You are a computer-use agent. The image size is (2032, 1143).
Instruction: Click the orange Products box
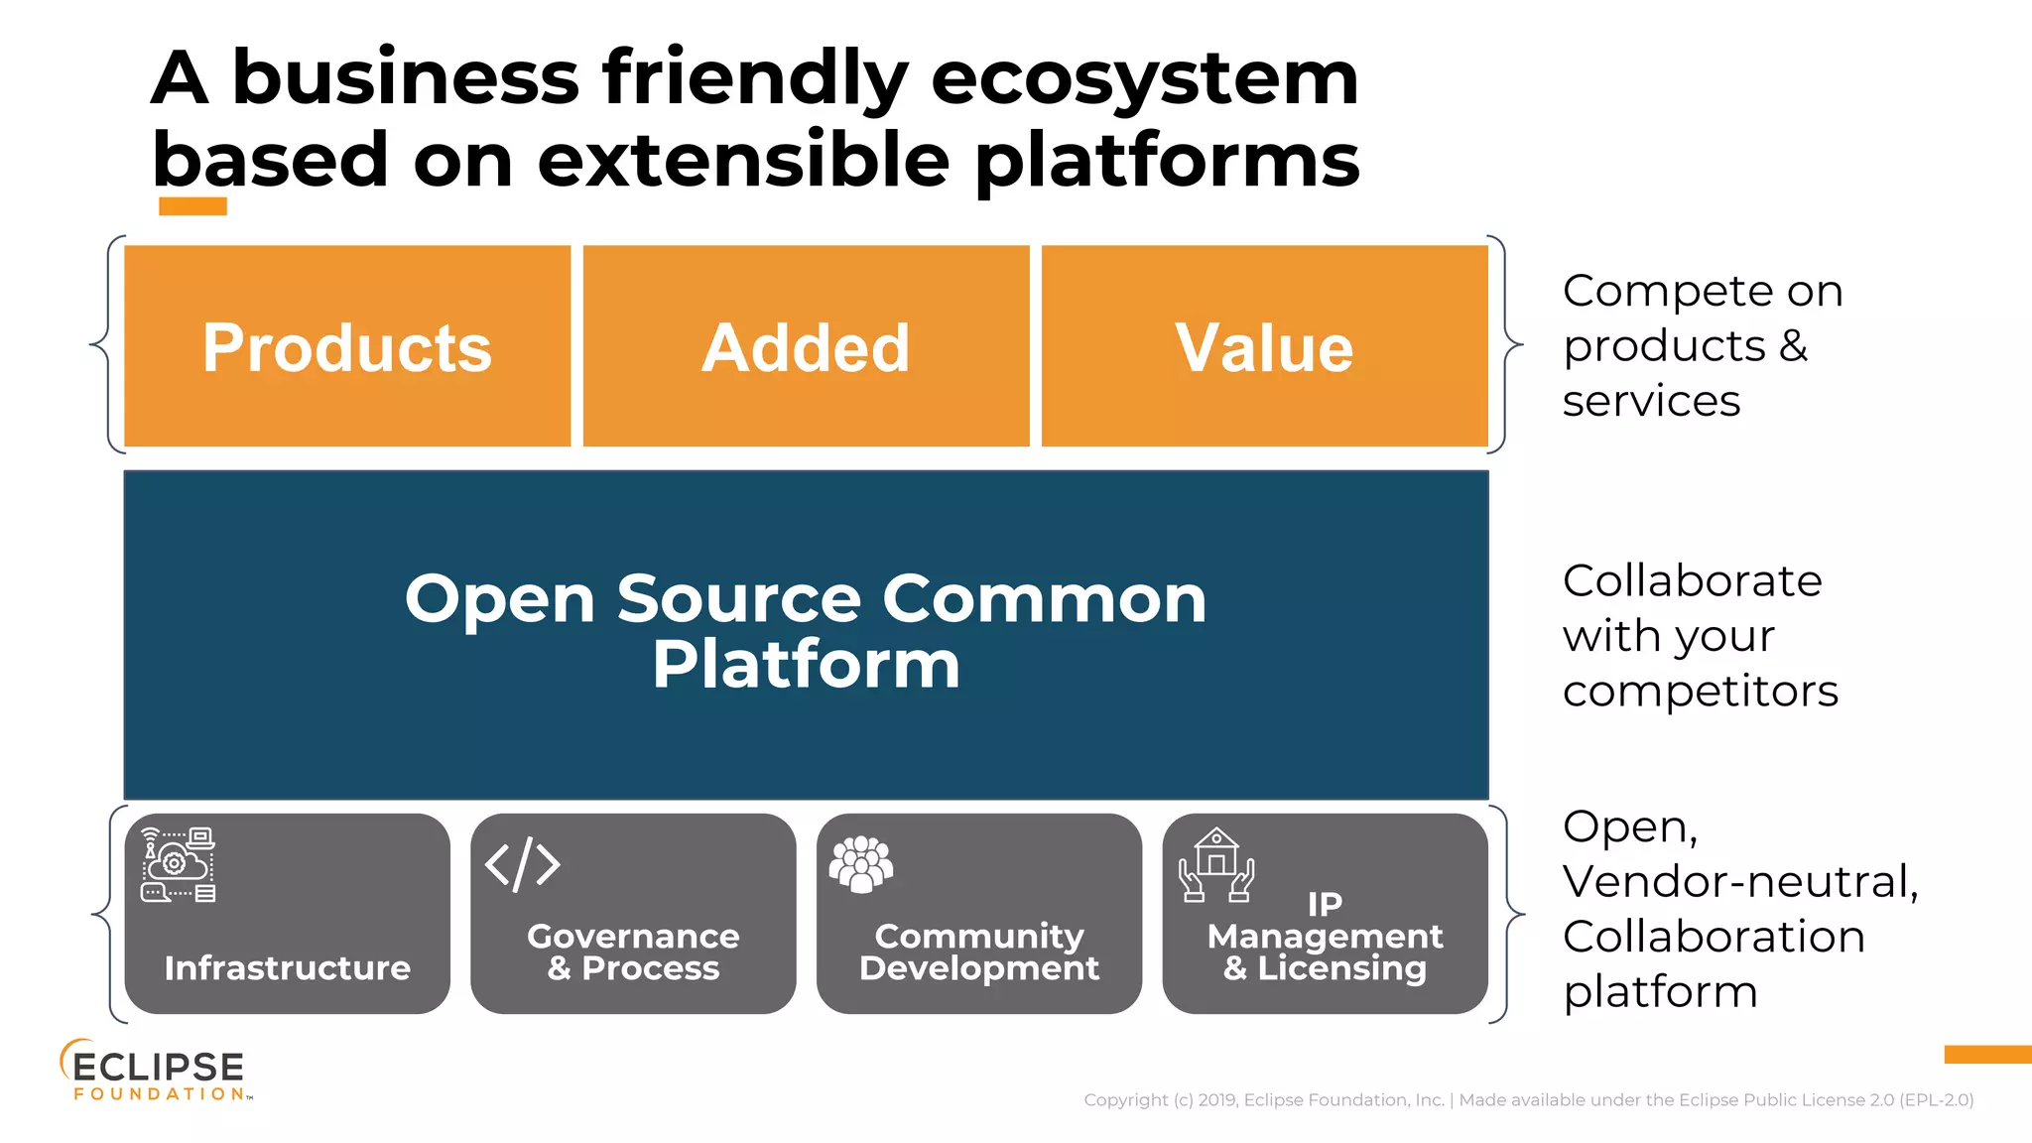[347, 346]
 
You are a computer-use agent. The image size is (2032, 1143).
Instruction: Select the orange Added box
[806, 346]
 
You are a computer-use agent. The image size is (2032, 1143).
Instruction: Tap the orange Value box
[1264, 346]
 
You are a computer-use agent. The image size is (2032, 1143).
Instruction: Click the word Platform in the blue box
[806, 664]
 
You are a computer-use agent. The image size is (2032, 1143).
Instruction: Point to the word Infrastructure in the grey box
[287, 967]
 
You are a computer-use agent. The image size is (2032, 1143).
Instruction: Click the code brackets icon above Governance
[523, 864]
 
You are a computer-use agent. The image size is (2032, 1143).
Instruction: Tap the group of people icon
[860, 864]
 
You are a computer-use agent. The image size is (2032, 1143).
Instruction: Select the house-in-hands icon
[1216, 865]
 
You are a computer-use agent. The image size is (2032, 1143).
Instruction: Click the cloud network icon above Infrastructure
[178, 864]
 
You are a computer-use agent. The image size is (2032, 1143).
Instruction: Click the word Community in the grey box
[979, 936]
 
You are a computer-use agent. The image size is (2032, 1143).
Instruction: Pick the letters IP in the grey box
[1325, 904]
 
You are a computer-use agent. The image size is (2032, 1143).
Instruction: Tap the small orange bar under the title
[192, 206]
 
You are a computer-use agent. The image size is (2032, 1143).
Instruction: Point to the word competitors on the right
[1700, 691]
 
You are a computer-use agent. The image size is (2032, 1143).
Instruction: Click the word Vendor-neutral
[1739, 881]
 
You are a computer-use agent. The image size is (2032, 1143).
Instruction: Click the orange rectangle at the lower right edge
[1987, 1054]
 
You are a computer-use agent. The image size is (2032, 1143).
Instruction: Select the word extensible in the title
[743, 161]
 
